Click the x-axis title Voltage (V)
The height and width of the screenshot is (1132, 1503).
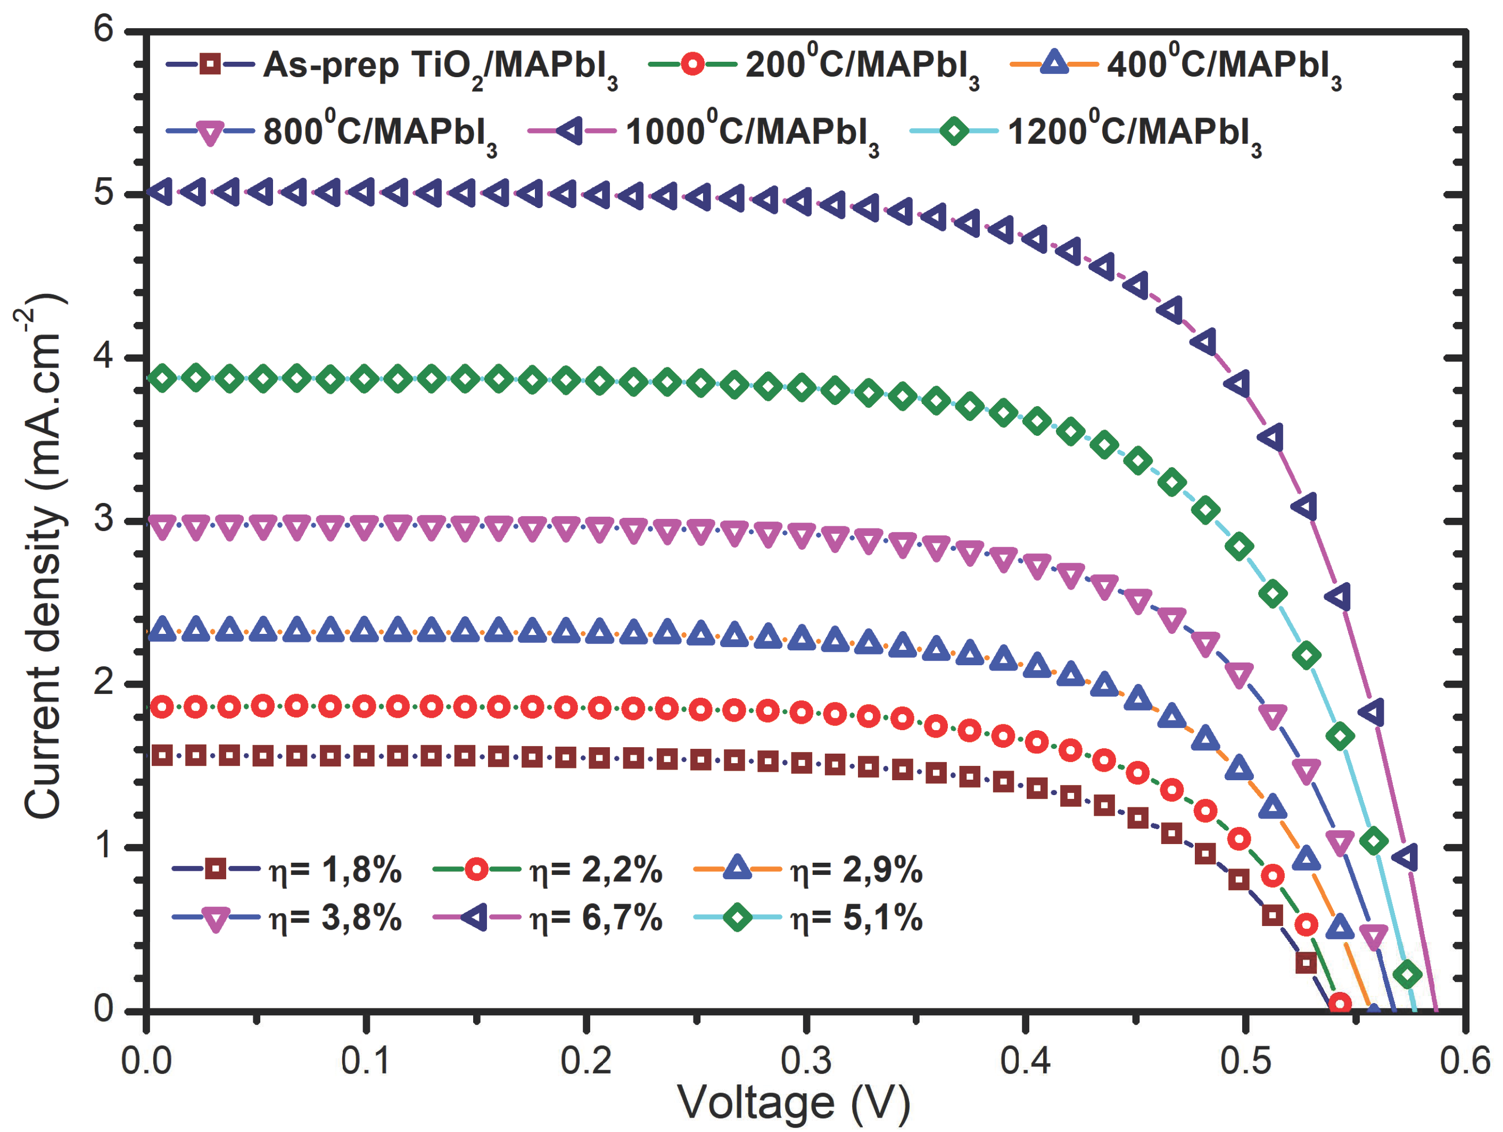click(x=794, y=1102)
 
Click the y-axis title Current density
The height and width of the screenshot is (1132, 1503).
click(x=42, y=557)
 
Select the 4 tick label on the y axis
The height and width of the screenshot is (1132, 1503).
click(x=103, y=356)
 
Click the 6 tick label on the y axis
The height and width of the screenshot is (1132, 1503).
click(x=103, y=30)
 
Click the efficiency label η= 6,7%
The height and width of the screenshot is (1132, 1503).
click(x=595, y=919)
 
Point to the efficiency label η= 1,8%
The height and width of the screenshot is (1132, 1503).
click(x=335, y=870)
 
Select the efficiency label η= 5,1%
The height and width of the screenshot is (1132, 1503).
click(x=856, y=919)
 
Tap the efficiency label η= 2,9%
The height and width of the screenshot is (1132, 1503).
click(x=856, y=870)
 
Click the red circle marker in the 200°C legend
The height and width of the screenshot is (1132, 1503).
click(x=692, y=65)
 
